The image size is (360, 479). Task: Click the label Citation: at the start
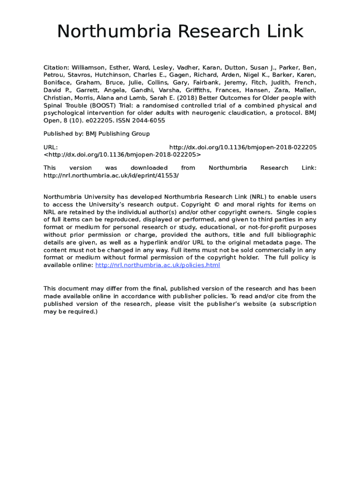(56, 67)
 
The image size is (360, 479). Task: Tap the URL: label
(50, 147)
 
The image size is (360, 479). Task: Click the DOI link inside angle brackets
(122, 154)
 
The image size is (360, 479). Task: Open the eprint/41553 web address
(111, 175)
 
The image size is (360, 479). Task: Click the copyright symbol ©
(216, 204)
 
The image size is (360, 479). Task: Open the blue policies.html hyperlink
(157, 265)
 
